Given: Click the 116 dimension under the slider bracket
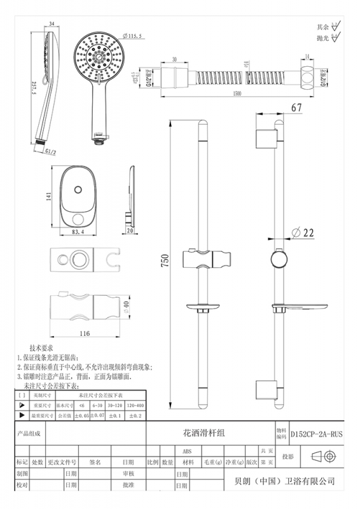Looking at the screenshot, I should pyautogui.click(x=87, y=333).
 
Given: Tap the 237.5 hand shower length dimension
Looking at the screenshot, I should pyautogui.click(x=34, y=90).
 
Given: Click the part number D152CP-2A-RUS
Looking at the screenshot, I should pyautogui.click(x=316, y=433).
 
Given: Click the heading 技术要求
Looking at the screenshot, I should pyautogui.click(x=44, y=349).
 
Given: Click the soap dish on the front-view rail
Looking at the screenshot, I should pyautogui.click(x=202, y=311).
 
